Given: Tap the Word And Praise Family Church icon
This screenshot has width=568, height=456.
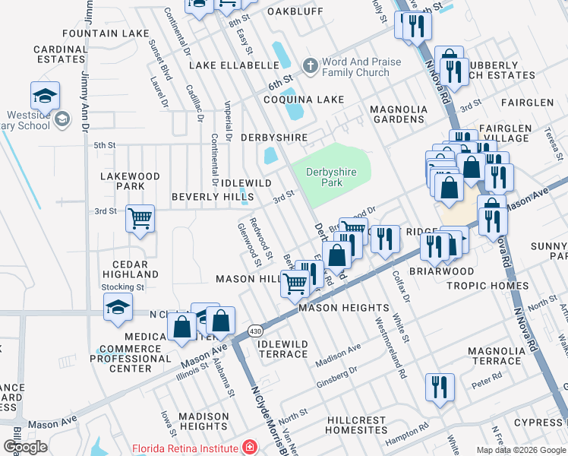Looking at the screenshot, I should pos(310,66).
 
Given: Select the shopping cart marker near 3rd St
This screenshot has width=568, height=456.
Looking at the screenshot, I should pos(140,219).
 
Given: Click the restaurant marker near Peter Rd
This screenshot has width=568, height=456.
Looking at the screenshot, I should pos(440,387).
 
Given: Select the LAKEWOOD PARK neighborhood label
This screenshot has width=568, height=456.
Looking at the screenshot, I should pos(131,181).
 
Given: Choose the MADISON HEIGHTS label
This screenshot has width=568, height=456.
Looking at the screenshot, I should pos(203,421).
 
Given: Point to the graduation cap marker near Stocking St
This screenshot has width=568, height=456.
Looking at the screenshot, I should pos(118,306).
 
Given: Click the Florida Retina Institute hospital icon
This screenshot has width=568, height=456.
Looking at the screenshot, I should pos(248,448).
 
